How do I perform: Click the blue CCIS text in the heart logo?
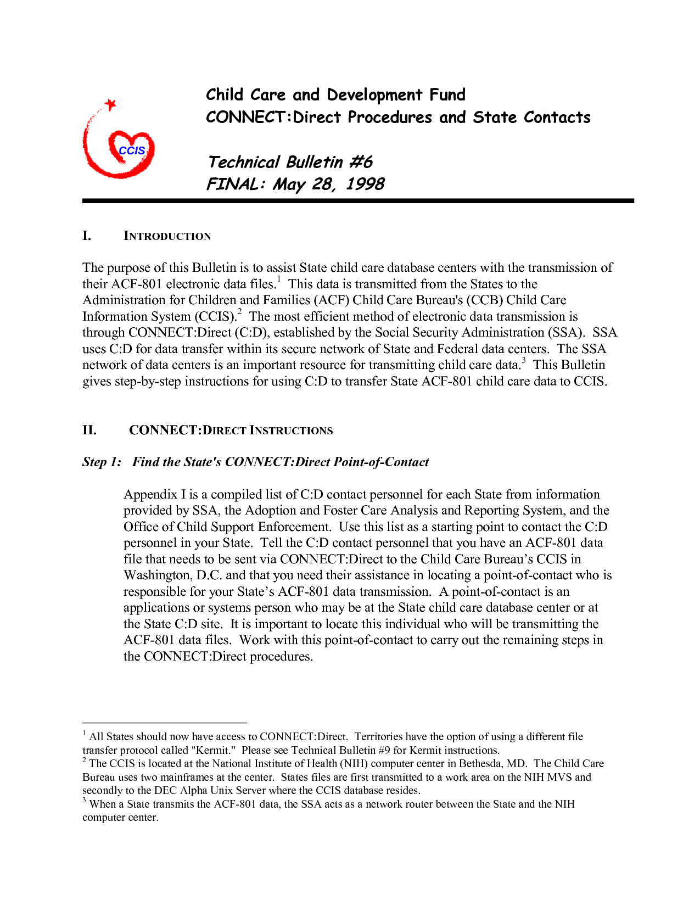(132, 150)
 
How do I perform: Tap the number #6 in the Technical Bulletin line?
(361, 162)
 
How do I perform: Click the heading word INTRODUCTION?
(167, 236)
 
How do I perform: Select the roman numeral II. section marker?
(89, 430)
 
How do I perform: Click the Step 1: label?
(102, 462)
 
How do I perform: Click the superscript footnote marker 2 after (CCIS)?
(239, 312)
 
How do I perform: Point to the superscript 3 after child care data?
(523, 361)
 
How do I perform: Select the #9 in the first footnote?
(384, 750)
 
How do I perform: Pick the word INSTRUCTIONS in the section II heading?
(291, 430)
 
